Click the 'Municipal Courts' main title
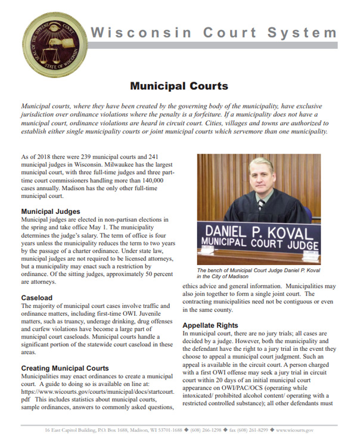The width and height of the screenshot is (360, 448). click(x=179, y=86)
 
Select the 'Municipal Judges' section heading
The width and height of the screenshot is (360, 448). click(x=51, y=211)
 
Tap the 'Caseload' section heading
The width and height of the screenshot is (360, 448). click(x=37, y=297)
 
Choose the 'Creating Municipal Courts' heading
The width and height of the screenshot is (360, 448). click(x=65, y=368)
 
